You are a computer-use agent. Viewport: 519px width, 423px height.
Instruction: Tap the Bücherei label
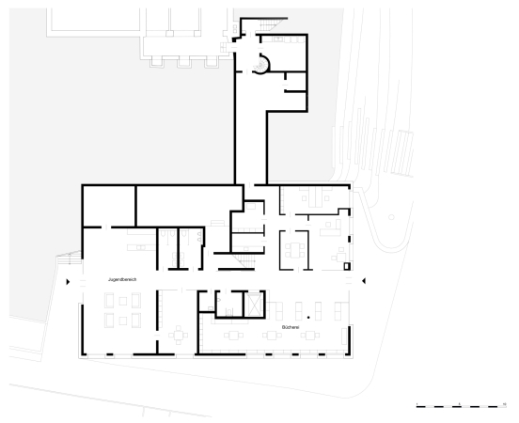[290, 326]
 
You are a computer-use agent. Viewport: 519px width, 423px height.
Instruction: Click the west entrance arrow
[68, 281]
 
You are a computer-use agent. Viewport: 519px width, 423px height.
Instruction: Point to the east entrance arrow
[366, 280]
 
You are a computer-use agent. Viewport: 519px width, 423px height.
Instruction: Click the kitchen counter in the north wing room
[282, 40]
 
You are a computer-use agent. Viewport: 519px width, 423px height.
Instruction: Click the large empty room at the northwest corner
[108, 207]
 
